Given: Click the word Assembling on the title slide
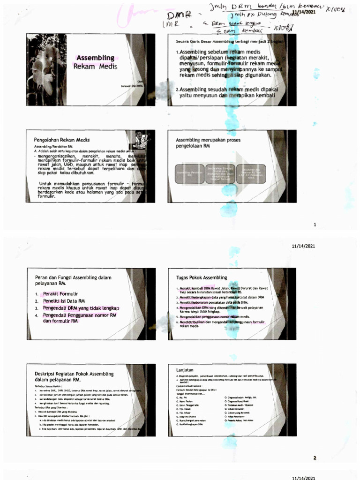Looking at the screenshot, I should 95,58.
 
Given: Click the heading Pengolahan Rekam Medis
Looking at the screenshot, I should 61,140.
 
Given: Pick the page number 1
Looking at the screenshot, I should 315,225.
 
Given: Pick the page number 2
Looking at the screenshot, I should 315,457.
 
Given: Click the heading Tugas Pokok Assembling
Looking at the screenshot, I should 201,277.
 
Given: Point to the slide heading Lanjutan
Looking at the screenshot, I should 185,369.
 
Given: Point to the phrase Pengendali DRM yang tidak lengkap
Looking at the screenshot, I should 84,308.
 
